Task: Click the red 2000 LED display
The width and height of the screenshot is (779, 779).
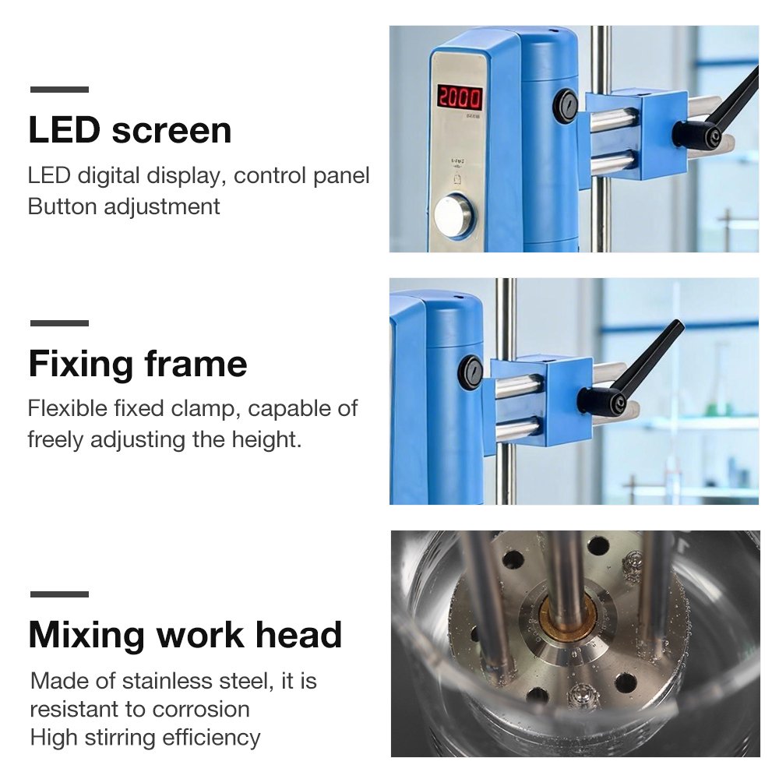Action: [460, 98]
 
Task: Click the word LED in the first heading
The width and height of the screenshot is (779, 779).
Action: [65, 130]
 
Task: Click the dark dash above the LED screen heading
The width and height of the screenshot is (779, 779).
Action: [60, 90]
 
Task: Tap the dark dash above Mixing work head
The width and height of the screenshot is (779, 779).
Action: [60, 594]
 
